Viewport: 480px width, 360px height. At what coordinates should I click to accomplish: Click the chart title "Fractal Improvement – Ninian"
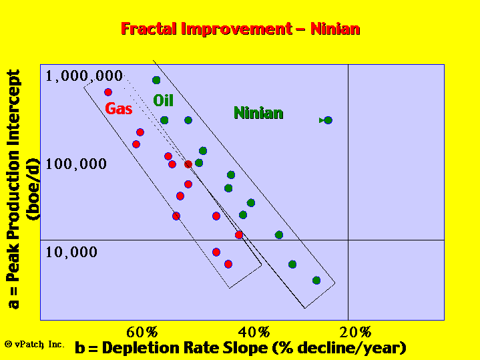click(x=240, y=29)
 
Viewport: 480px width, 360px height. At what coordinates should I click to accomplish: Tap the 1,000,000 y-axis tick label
click(x=84, y=75)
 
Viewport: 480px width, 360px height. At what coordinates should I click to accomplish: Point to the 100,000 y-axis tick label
click(x=76, y=164)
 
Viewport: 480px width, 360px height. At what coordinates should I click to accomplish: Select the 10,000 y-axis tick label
click(x=71, y=252)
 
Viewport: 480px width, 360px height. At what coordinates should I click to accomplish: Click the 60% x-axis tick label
click(x=142, y=332)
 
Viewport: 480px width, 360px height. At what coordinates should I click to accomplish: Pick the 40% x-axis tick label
click(x=254, y=332)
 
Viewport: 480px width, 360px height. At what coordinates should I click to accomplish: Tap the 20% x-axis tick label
click(x=355, y=332)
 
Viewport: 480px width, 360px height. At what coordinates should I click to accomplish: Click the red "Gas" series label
click(x=118, y=108)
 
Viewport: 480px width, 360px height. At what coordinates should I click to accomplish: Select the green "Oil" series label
click(x=163, y=100)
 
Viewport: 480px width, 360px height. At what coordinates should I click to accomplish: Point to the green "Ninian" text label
click(x=258, y=113)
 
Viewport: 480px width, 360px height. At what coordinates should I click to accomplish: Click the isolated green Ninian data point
click(x=328, y=120)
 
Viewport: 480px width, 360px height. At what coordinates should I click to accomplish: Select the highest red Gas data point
click(x=108, y=92)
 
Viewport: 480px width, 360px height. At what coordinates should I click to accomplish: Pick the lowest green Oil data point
click(x=316, y=281)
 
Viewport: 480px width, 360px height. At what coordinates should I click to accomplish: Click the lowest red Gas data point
click(x=228, y=264)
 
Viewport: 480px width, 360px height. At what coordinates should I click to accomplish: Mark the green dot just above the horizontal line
click(x=279, y=235)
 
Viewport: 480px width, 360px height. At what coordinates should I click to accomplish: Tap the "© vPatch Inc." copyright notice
click(x=35, y=345)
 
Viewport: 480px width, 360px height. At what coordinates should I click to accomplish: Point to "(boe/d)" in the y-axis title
click(x=33, y=189)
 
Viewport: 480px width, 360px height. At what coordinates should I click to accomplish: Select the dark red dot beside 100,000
click(x=188, y=164)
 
